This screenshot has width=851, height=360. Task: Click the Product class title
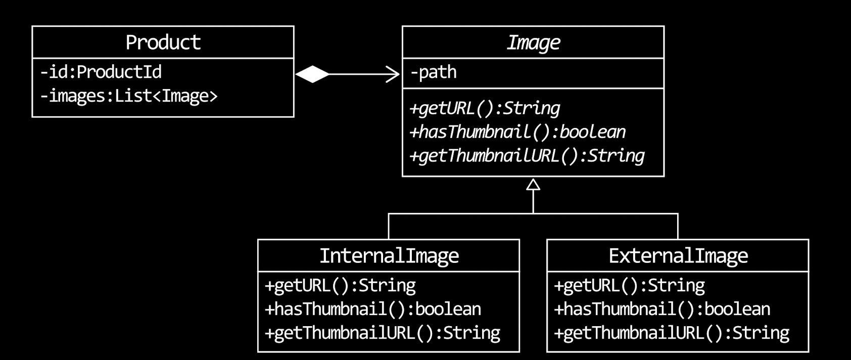point(163,42)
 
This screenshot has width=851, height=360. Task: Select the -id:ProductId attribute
point(101,72)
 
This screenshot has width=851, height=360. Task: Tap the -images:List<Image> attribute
point(129,96)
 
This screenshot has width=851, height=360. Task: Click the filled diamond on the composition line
point(312,74)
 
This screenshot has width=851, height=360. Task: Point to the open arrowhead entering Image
point(393,74)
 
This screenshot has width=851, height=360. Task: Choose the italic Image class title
point(533,42)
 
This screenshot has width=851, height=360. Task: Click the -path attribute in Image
point(434,72)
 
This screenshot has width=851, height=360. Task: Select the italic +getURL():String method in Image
point(485,108)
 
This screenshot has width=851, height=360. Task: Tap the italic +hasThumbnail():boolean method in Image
point(517,132)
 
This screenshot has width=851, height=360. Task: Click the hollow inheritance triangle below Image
point(533,185)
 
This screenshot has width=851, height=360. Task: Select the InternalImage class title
point(389,256)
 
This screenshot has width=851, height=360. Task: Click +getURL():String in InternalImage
point(340,286)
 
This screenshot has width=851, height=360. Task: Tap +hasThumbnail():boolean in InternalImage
point(373,309)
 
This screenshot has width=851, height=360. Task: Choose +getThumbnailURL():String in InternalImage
point(383,333)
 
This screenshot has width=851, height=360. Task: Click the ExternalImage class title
point(678,256)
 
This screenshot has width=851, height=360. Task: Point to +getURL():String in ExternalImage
point(629,286)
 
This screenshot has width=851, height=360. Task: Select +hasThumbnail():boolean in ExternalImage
point(662,309)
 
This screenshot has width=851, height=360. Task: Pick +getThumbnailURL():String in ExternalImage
point(672,333)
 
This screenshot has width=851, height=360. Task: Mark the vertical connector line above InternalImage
point(389,227)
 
